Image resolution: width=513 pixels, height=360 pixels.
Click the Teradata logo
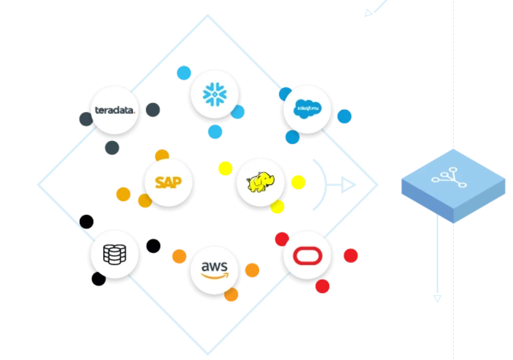[115, 110]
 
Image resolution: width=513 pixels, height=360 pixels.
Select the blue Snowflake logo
[215, 94]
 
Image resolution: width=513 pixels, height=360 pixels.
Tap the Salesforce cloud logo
[307, 109]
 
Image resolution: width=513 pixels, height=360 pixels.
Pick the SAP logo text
[168, 182]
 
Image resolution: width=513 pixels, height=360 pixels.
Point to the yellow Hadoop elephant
[261, 182]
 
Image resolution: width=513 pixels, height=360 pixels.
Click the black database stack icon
[115, 254]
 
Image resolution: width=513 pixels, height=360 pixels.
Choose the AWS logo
[215, 270]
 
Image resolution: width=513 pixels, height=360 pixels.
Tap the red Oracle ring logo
[307, 256]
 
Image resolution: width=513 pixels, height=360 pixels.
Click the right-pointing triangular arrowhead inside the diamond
[348, 185]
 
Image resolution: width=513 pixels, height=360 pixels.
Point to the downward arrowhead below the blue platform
[437, 298]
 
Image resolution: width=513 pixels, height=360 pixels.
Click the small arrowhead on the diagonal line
[368, 13]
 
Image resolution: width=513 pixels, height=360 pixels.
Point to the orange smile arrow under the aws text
[215, 276]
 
